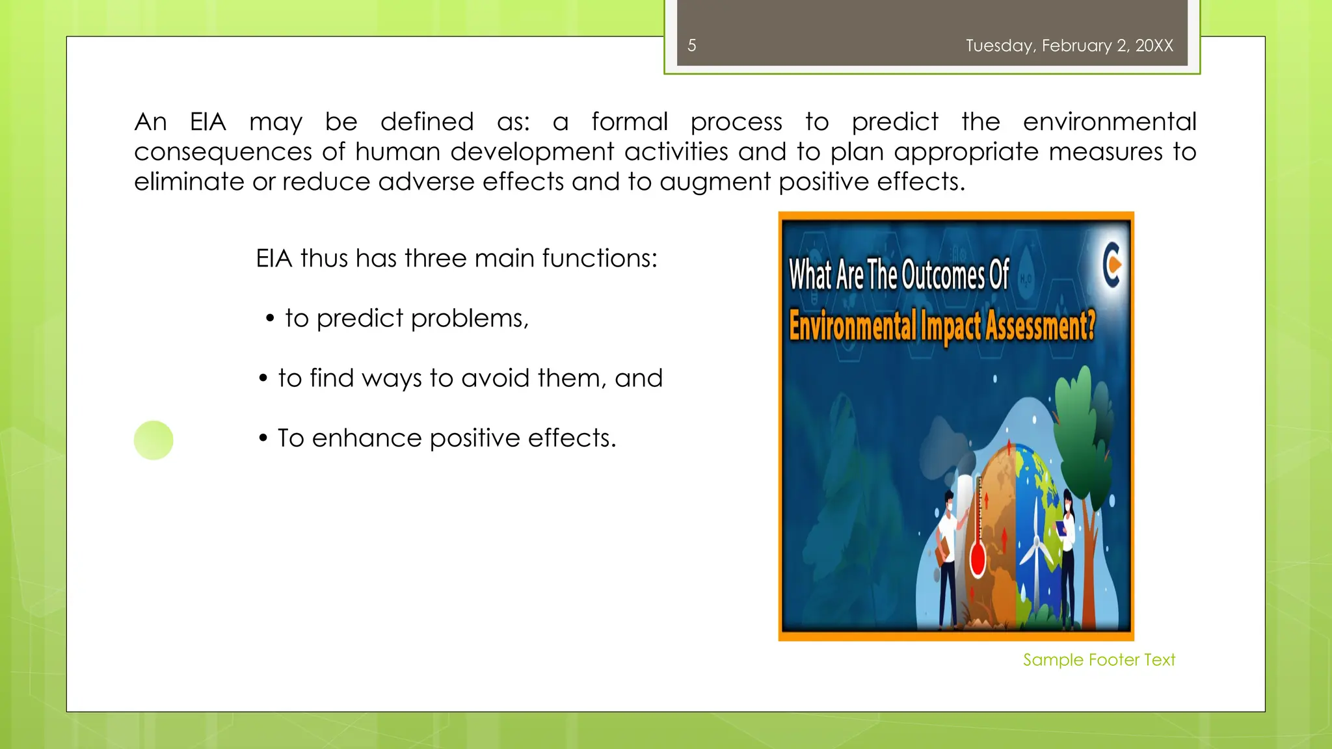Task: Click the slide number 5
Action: (x=692, y=46)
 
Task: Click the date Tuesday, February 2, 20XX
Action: (x=1069, y=46)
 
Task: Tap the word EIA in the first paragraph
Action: (x=208, y=122)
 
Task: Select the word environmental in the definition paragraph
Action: (x=1109, y=122)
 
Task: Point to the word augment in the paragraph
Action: (x=715, y=182)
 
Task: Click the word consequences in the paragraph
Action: (x=222, y=152)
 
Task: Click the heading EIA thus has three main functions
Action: (x=457, y=258)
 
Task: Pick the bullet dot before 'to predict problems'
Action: (x=270, y=319)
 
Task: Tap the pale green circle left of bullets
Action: (x=153, y=440)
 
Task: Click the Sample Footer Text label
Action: (x=1099, y=660)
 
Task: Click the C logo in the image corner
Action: (x=1112, y=265)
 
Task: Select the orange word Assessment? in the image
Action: (x=1040, y=325)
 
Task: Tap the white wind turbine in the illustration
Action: (x=1035, y=553)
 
